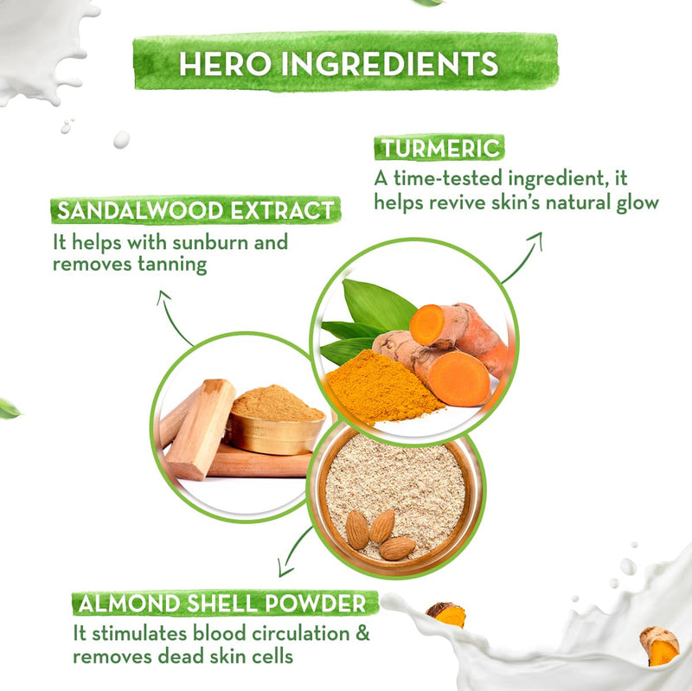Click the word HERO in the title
point(225,64)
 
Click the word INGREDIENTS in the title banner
point(390,64)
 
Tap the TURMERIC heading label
point(439,148)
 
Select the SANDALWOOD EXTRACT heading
point(196,210)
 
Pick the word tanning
point(172,266)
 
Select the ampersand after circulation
point(362,633)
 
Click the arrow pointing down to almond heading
point(294,552)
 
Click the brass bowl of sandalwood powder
point(275,420)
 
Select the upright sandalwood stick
point(201,429)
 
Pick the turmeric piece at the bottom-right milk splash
point(659,645)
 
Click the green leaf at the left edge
point(10,408)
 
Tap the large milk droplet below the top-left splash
point(121,139)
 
